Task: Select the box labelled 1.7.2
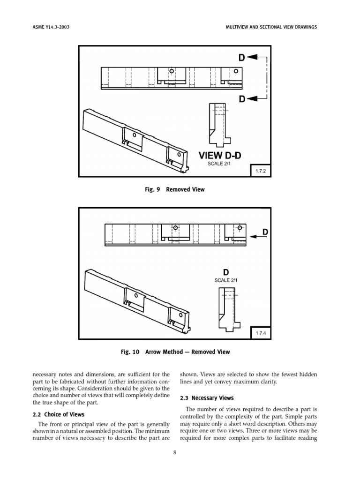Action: [x=261, y=172]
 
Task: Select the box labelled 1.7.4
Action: [x=261, y=333]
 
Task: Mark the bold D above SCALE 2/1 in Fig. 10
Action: [x=226, y=272]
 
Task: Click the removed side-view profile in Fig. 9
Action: [x=218, y=124]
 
